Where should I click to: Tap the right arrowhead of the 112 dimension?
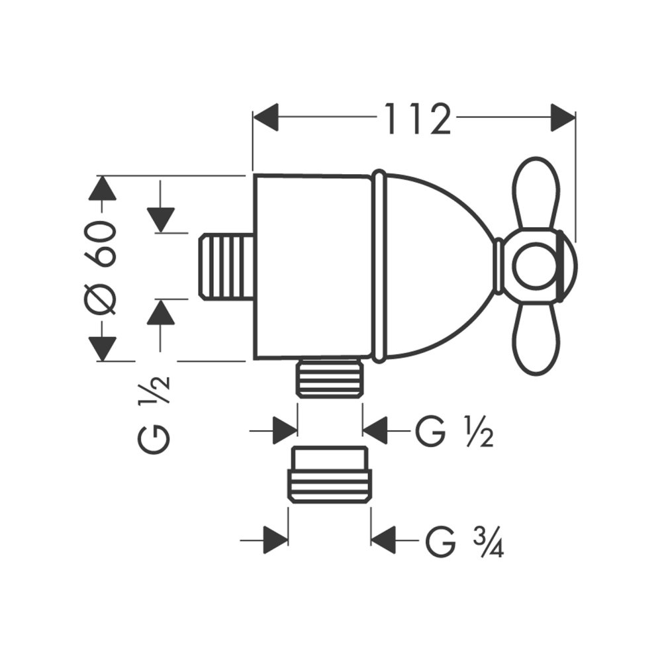(563, 118)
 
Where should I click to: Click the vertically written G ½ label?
(156, 414)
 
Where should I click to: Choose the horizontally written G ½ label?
(454, 432)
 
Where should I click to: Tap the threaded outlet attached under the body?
(329, 379)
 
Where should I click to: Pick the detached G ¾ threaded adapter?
(329, 475)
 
